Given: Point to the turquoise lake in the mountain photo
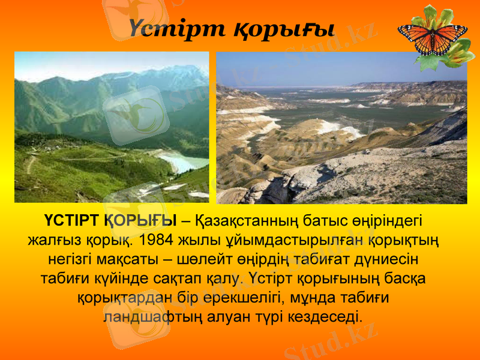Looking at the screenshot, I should point(184,161).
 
